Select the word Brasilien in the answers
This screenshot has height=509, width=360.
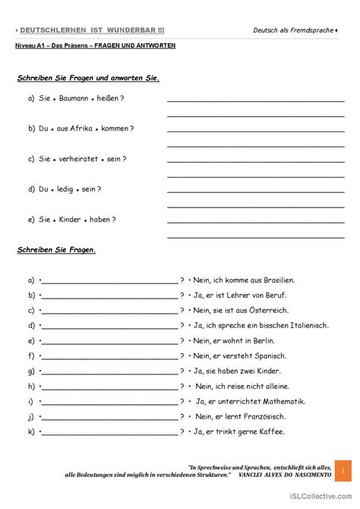(278, 280)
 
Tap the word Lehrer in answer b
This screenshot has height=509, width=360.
(237, 295)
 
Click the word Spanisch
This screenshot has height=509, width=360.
(270, 356)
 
